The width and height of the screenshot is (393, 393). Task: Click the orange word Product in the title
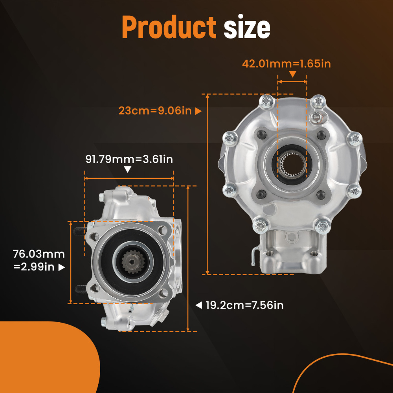pos(169,27)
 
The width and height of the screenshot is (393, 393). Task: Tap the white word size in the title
pos(247,28)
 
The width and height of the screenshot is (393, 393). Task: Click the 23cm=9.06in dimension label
pos(155,111)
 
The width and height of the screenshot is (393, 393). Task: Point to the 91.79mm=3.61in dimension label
pos(129,159)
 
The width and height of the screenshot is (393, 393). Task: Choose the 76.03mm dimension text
pos(39,254)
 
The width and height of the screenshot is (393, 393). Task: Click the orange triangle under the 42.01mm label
pos(292,74)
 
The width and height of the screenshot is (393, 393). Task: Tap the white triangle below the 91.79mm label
pos(127,170)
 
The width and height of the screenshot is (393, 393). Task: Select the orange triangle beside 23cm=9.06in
pos(198,111)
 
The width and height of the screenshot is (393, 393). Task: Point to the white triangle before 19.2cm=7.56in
pos(199,305)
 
